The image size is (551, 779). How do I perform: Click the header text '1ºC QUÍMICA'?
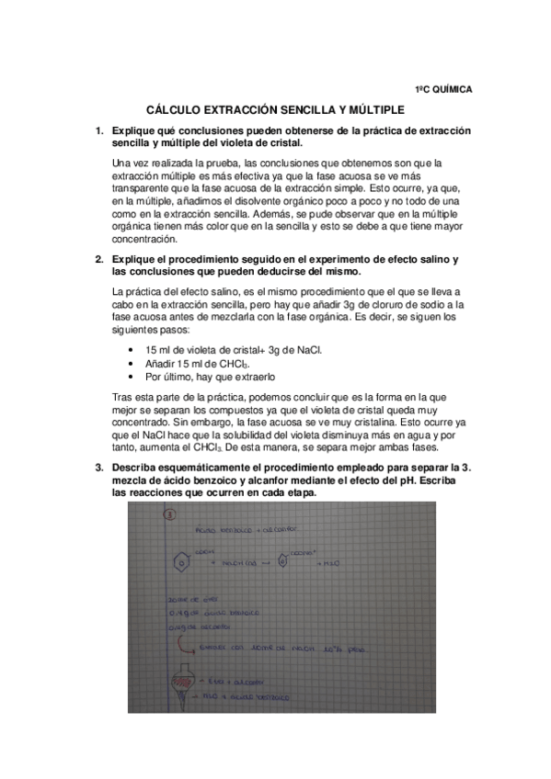pos(442,89)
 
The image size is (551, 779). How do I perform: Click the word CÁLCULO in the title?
pos(181,108)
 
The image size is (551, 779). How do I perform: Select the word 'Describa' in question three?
pos(134,468)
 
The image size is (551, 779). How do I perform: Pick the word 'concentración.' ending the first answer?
pos(146,238)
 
